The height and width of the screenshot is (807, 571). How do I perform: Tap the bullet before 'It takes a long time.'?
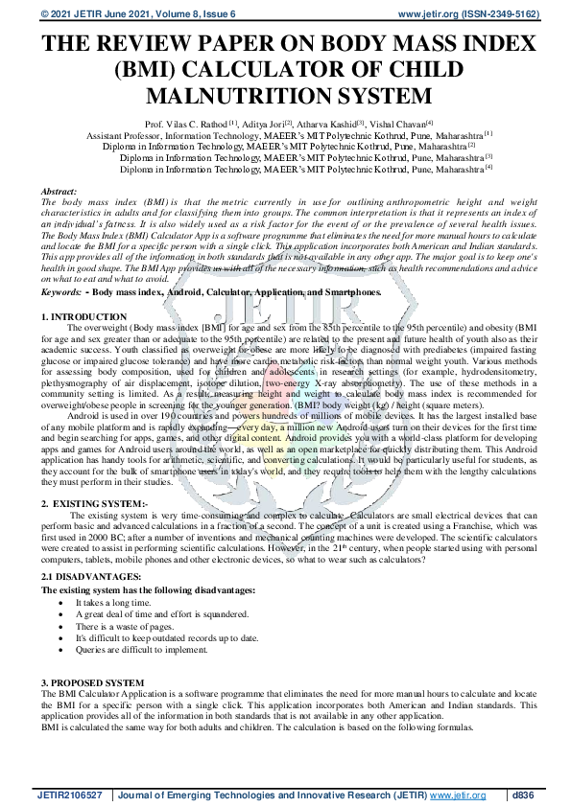tap(62, 603)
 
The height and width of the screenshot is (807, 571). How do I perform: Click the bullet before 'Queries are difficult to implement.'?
tap(62, 649)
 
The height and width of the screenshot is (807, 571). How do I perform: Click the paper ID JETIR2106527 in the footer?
tap(71, 795)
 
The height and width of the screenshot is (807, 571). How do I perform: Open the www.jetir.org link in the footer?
tap(456, 795)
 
